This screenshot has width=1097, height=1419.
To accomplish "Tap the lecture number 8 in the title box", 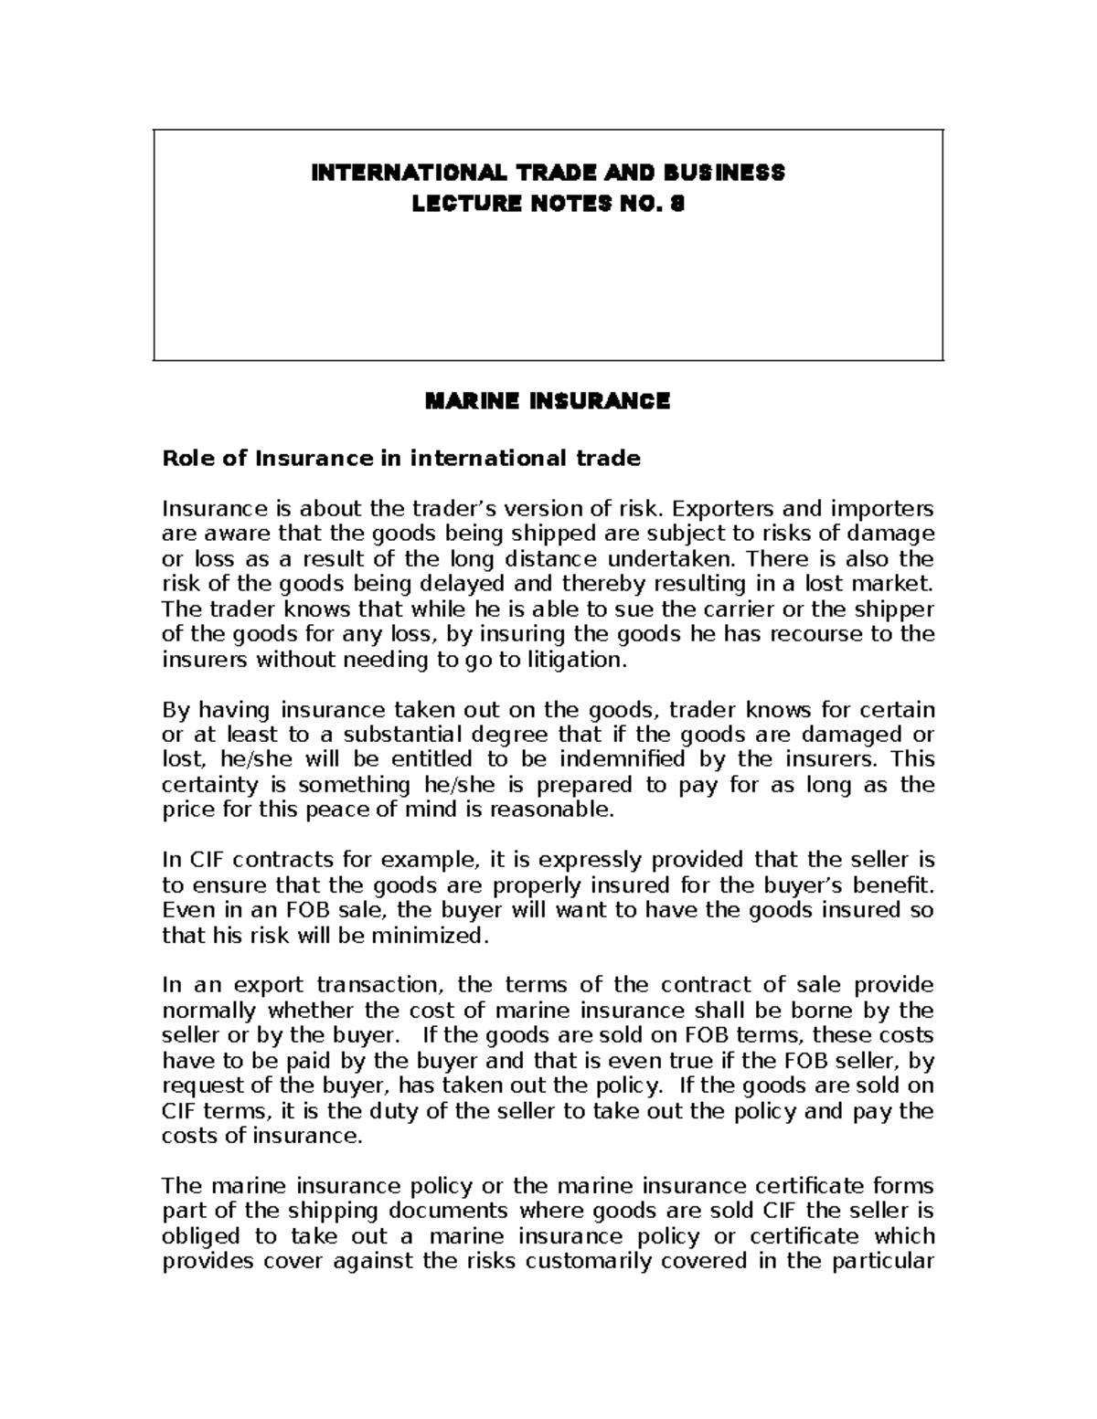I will [x=676, y=206].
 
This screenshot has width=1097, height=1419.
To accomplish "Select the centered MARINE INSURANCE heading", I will [x=548, y=401].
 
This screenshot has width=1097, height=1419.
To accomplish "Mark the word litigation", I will [x=581, y=660].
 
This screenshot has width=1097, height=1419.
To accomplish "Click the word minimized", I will [x=441, y=936].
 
